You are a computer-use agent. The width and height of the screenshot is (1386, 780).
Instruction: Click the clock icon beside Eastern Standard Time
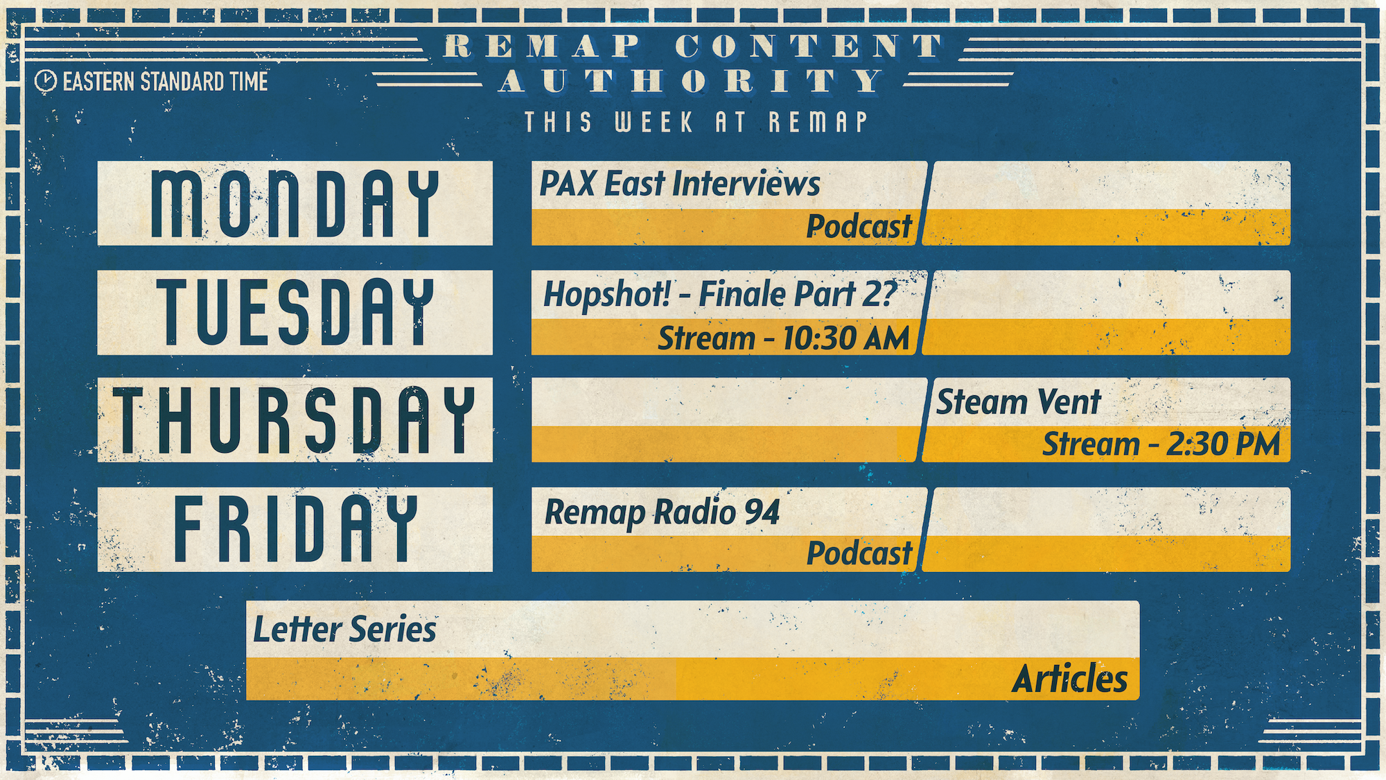tap(45, 81)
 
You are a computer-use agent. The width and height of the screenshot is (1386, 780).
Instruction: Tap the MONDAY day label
tap(295, 204)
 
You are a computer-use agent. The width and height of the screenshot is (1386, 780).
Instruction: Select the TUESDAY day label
tap(295, 312)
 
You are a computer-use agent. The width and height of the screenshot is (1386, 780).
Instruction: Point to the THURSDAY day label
tap(295, 420)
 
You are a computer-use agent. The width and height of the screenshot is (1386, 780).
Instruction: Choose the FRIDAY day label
tap(295, 529)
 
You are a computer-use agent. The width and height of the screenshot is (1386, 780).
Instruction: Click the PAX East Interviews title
tap(680, 184)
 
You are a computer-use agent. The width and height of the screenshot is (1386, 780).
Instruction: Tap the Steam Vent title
tap(1018, 402)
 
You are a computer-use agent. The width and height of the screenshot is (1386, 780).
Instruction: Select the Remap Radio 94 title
tap(662, 513)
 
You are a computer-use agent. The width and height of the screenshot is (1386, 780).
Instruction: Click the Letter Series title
tap(344, 630)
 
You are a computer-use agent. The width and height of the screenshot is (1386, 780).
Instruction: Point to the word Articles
tap(1070, 679)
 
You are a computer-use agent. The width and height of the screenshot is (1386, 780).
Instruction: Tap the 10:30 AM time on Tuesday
tap(845, 338)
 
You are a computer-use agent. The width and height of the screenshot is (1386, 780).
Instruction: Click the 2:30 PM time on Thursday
tap(1223, 444)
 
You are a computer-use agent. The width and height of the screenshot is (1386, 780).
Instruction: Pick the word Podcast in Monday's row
tap(859, 227)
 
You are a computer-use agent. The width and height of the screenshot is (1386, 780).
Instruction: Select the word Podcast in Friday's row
tap(859, 553)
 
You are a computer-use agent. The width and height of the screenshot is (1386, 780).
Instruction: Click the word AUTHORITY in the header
tap(692, 81)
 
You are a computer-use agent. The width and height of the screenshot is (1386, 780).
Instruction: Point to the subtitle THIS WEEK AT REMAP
tap(696, 122)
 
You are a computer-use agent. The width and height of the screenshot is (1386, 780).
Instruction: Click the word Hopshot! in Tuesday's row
tap(607, 294)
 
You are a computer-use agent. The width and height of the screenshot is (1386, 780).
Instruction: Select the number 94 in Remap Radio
tap(762, 512)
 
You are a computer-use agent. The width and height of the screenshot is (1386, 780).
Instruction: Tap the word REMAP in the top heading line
tap(543, 47)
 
